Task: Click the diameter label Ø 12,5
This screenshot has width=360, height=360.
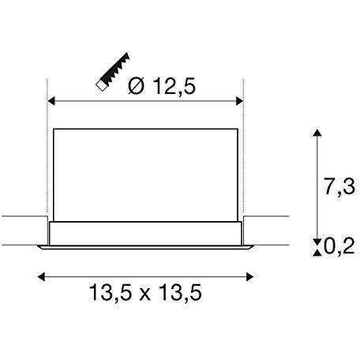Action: [162, 86]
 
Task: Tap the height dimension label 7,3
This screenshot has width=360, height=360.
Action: [339, 186]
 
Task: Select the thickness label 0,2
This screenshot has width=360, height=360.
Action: [339, 246]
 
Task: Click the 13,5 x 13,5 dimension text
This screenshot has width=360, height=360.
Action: [145, 292]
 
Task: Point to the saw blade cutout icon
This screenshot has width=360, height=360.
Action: [113, 71]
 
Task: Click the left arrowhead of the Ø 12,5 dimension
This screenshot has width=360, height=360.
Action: [51, 101]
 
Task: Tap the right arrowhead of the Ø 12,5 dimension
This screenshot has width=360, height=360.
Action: [239, 101]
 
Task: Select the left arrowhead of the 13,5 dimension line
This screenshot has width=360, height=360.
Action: [42, 277]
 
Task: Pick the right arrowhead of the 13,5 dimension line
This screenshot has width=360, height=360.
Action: [249, 277]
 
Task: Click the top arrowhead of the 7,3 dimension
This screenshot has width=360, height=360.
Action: [317, 133]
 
